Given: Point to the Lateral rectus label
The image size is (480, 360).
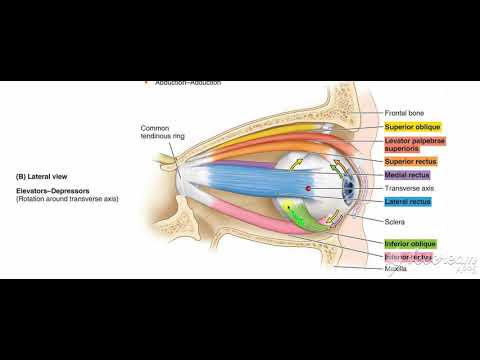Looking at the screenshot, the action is tap(406, 202).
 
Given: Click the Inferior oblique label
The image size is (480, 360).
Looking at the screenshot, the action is tap(408, 244).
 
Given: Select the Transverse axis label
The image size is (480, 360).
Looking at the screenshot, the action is tap(407, 188).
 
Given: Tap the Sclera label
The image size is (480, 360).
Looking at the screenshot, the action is tap(393, 221).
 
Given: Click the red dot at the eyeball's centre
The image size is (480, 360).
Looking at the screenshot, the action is tap(308, 188).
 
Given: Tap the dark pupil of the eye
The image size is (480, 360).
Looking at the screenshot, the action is tap(349, 187).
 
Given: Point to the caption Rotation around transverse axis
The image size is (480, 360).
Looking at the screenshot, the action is tap(67, 199).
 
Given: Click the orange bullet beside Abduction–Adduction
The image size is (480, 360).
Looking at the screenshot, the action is tap(147, 82).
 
